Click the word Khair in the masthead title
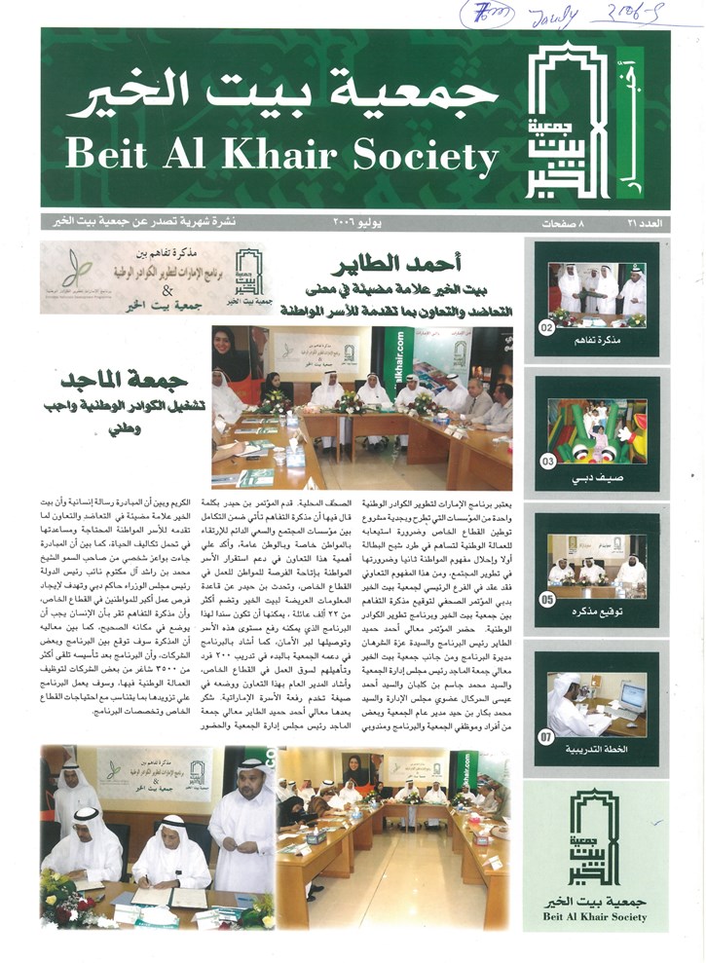click(287, 153)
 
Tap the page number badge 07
click(548, 736)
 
